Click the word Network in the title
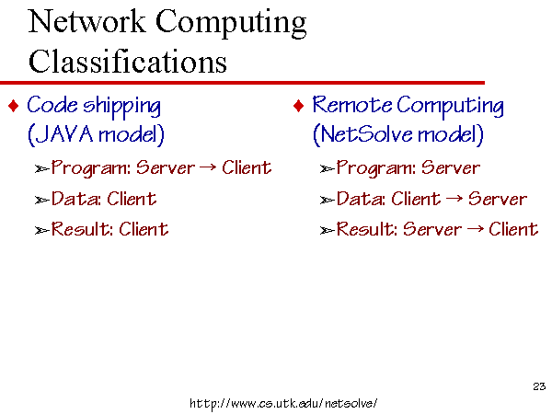click(86, 21)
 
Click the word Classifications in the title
click(128, 61)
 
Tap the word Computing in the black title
click(231, 23)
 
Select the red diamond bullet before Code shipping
click(14, 106)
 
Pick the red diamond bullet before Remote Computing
click(298, 106)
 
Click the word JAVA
click(63, 133)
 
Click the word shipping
click(121, 107)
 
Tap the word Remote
click(352, 105)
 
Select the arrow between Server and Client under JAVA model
click(208, 167)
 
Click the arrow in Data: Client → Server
click(454, 198)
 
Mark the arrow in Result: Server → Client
click(475, 229)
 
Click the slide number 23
click(539, 386)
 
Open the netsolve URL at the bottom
click(283, 403)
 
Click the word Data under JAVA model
click(75, 199)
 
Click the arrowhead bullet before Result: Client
click(42, 231)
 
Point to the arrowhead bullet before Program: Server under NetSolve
click(327, 169)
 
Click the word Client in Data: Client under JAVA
click(132, 199)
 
